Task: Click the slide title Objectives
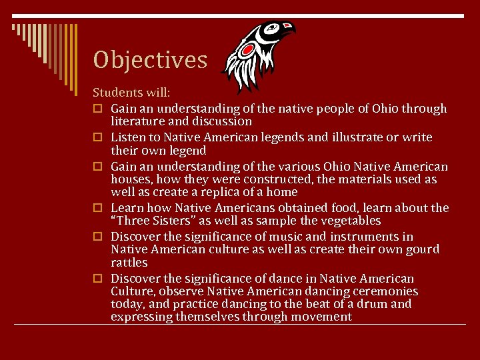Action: (150, 60)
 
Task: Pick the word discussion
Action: (222, 121)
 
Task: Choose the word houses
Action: (131, 179)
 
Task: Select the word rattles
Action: (129, 263)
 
